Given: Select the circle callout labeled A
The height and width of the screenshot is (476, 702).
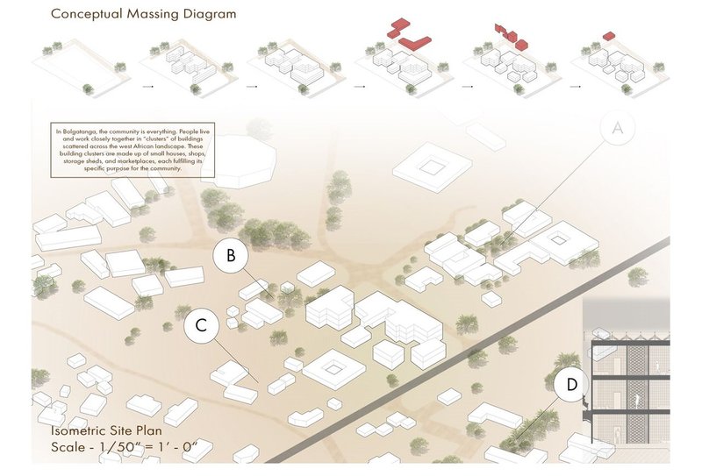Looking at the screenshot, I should [618, 129].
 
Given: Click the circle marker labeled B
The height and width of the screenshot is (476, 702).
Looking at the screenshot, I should [230, 256].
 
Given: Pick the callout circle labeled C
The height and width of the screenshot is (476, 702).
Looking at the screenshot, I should [201, 326].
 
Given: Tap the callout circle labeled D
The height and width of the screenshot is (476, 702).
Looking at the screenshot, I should [572, 384].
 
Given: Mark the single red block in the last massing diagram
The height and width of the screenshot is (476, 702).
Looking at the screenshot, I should [608, 36].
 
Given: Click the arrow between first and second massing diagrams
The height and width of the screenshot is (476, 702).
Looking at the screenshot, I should [146, 86].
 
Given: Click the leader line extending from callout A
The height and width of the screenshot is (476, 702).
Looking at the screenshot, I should [562, 188].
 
